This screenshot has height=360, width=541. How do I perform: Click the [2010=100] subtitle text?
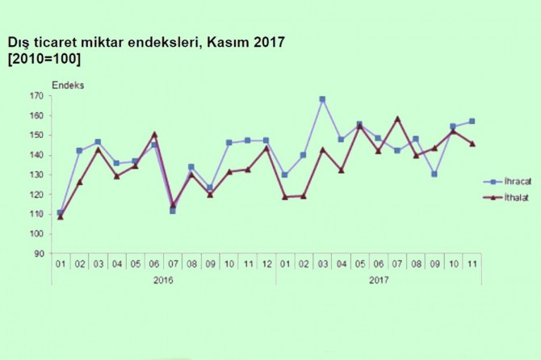coord(44,59)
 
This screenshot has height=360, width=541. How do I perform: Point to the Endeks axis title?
coord(68,84)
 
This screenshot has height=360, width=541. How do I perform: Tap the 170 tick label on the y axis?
coord(38,96)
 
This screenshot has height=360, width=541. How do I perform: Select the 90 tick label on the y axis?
coord(40,253)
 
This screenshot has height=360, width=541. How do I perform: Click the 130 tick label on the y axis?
coord(38,175)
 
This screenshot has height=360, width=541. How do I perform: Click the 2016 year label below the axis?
coord(164,280)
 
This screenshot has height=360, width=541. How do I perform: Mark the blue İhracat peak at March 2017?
coord(322,99)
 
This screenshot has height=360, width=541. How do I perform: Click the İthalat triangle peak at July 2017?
coord(398,119)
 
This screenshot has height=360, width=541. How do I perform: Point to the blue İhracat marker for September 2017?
coord(435,174)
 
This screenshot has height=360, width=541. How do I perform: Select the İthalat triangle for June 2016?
coord(154,134)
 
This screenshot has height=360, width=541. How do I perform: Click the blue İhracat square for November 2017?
coord(472,121)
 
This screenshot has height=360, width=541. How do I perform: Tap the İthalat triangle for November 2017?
coord(472,144)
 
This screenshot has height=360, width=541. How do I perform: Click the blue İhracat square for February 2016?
coord(79,151)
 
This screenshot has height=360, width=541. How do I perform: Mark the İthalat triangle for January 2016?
coord(61,216)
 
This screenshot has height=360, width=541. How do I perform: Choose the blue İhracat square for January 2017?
coord(284,174)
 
